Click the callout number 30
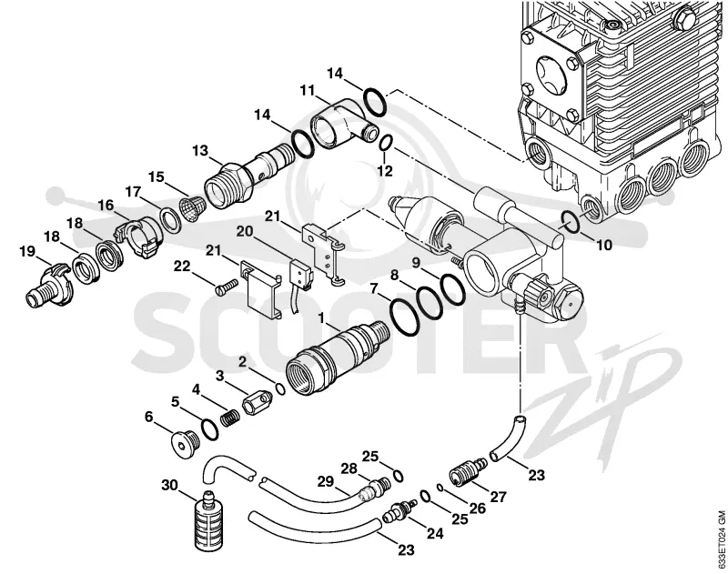pyautogui.click(x=170, y=486)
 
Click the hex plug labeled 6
pyautogui.click(x=184, y=445)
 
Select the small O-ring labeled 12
pyautogui.click(x=386, y=143)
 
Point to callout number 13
pyautogui.click(x=200, y=151)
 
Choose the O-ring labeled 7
pyautogui.click(x=403, y=317)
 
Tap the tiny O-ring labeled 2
pyautogui.click(x=280, y=389)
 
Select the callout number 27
pyautogui.click(x=498, y=497)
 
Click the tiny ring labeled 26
pyautogui.click(x=439, y=487)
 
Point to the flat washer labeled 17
pyautogui.click(x=170, y=220)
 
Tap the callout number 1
pyautogui.click(x=320, y=317)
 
